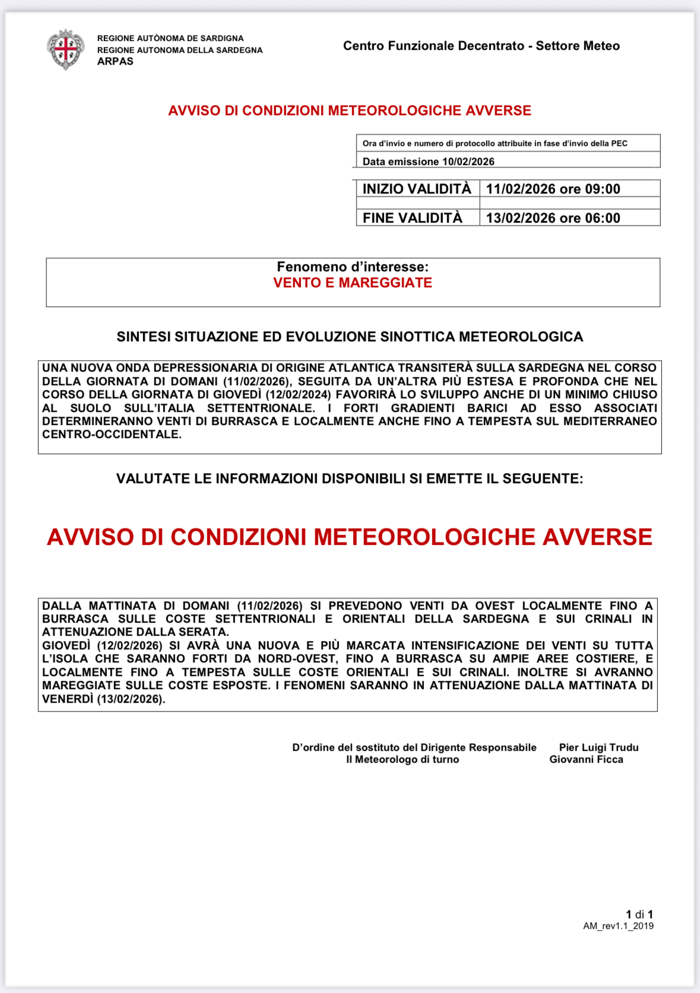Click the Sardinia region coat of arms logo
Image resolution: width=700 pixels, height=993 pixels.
coord(65,50)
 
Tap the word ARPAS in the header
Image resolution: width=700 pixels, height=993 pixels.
coord(115,62)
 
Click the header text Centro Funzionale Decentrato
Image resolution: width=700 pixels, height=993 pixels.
coord(433,46)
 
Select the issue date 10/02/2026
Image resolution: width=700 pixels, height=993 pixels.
coord(468,161)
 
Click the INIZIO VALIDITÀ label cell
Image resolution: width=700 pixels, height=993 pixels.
coord(417,189)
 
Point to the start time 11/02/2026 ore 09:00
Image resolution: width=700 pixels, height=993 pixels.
coord(553,189)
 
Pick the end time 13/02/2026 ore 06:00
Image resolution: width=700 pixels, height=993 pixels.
coord(553,218)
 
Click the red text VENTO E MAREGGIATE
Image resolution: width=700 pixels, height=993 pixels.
coord(353,283)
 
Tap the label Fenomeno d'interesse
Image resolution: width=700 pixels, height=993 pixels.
coord(353,267)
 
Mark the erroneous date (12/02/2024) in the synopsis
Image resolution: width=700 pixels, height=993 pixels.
coord(298,395)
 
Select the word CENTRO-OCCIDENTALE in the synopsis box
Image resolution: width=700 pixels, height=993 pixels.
coord(112,434)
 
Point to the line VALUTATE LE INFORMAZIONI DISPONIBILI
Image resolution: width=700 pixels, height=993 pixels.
coord(350,479)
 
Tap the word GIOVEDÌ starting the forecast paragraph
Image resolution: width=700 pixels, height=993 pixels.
coord(66,646)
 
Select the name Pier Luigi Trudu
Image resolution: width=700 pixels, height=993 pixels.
coord(598,748)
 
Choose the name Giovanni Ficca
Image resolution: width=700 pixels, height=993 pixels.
coord(586,760)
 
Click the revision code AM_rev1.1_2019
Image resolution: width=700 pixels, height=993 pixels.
coord(618,926)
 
